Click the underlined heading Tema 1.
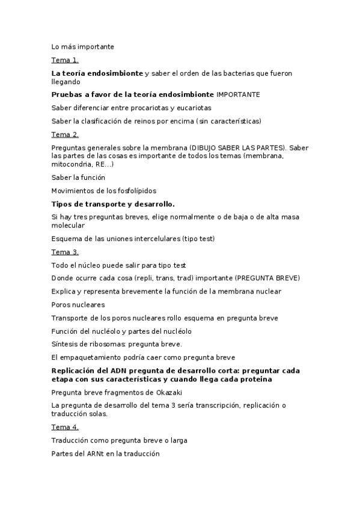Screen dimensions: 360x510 point(65,60)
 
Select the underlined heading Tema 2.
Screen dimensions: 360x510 point(65,135)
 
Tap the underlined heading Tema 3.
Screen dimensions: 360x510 point(65,252)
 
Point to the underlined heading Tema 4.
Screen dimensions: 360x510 point(65,427)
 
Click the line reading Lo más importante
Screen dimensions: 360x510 point(82,46)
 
